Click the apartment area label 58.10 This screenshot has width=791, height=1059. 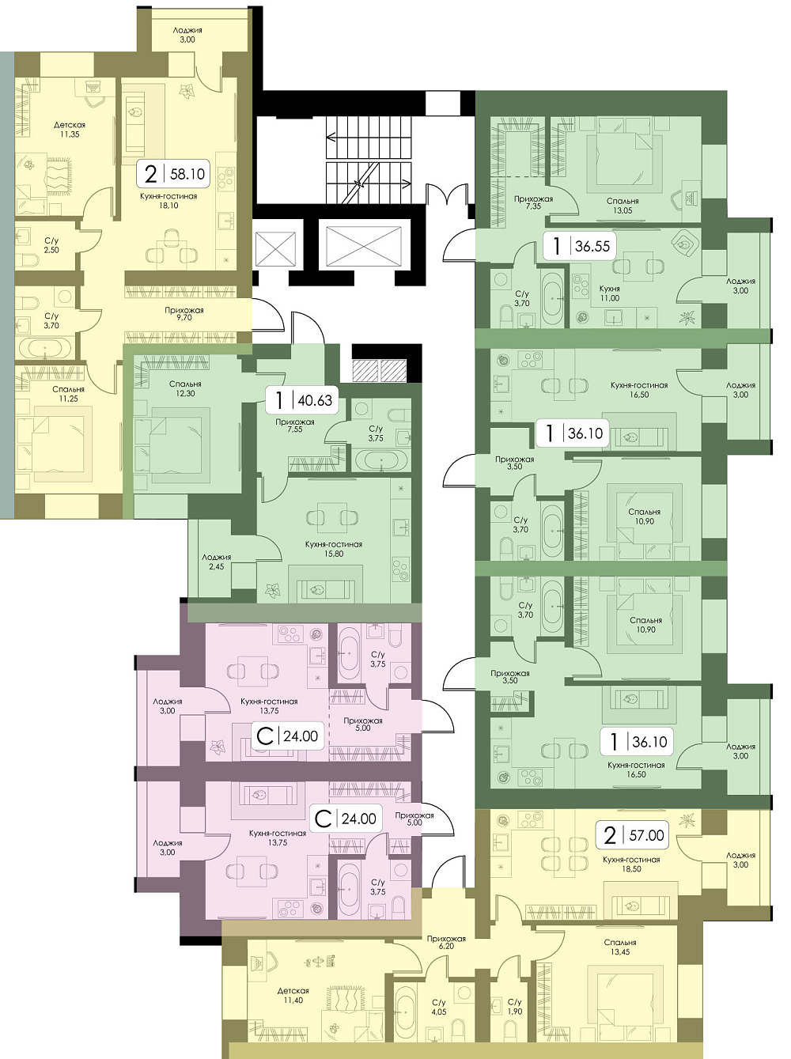(x=187, y=173)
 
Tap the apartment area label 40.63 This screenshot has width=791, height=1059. (x=315, y=400)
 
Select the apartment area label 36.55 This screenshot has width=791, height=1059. (x=592, y=246)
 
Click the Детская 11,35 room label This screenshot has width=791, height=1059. (x=70, y=130)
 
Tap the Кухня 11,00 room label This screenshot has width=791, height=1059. (x=610, y=293)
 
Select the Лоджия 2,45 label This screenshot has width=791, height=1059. (x=216, y=562)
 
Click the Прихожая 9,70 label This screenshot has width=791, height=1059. (x=184, y=314)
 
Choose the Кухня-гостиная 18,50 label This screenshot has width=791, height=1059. (x=631, y=864)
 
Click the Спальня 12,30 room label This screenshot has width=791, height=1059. (x=185, y=389)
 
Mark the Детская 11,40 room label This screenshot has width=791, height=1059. (x=293, y=996)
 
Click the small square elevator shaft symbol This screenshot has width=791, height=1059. (x=275, y=248)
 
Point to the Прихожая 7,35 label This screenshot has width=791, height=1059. (x=533, y=203)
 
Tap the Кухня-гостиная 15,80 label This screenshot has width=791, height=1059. (x=334, y=549)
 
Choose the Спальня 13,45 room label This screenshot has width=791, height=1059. (x=620, y=947)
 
